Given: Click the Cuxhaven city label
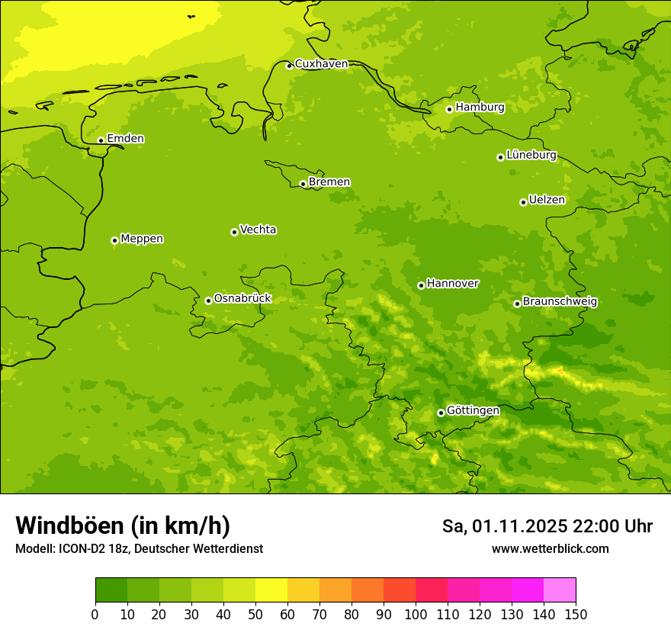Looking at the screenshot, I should [x=321, y=64].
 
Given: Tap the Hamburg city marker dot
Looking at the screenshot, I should [x=449, y=109].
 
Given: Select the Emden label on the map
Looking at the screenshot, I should [x=125, y=139].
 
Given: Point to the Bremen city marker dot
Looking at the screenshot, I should [x=303, y=184].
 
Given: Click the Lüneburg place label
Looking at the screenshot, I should [x=531, y=155].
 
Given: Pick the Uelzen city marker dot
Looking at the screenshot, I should [x=523, y=202].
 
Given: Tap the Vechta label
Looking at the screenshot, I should [x=258, y=230].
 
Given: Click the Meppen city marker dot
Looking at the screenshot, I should [x=114, y=240].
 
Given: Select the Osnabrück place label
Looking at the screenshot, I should [x=242, y=298].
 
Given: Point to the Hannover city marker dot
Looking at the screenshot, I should [x=421, y=285].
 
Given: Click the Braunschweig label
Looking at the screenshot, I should [x=560, y=301].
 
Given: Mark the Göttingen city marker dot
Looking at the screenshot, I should [x=441, y=413].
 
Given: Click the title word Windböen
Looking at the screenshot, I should [x=69, y=525].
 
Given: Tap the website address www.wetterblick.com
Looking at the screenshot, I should [x=550, y=548].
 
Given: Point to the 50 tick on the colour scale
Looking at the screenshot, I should [x=255, y=614].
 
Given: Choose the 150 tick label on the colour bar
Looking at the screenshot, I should [x=576, y=614].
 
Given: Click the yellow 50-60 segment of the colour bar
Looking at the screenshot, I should [x=271, y=590].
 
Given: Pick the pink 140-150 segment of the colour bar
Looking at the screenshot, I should [x=560, y=590].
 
